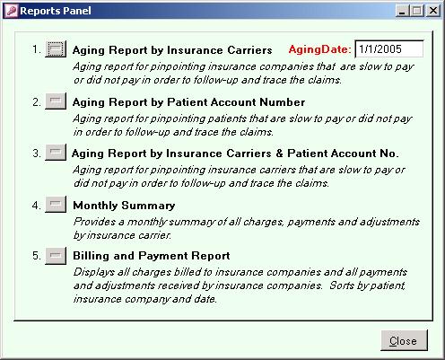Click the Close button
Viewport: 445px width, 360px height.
click(x=404, y=340)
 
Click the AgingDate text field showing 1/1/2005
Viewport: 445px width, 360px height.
click(x=389, y=49)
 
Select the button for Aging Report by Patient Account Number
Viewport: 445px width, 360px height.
click(x=56, y=101)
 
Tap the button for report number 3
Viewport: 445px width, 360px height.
click(x=56, y=153)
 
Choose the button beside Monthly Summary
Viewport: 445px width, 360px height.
click(x=56, y=205)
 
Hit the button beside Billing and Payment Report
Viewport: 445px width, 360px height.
click(x=56, y=256)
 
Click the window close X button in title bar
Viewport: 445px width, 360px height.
click(x=432, y=11)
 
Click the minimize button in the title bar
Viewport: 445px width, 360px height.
click(x=403, y=11)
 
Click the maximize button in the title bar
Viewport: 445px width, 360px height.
click(x=417, y=11)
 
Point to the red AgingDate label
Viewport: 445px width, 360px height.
click(x=319, y=49)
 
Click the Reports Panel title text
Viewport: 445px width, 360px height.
click(x=56, y=11)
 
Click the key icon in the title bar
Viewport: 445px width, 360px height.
click(x=12, y=11)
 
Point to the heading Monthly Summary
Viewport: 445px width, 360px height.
click(x=124, y=206)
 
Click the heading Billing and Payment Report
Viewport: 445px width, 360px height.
click(x=152, y=256)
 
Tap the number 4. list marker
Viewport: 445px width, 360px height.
click(x=36, y=206)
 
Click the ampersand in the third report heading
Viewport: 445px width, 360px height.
click(x=279, y=154)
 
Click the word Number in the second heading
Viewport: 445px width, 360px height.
click(x=282, y=102)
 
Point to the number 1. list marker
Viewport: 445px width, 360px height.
click(x=37, y=49)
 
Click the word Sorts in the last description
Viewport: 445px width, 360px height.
click(x=341, y=285)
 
